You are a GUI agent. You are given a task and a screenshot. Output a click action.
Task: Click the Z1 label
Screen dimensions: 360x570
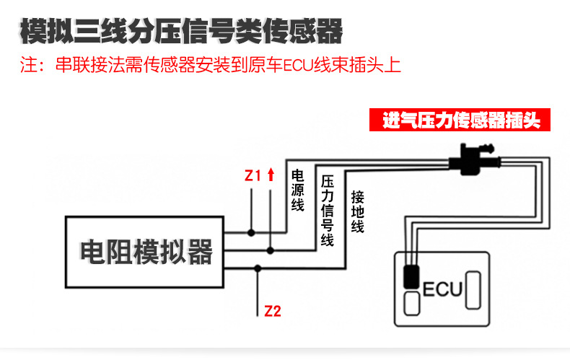pos(253,175)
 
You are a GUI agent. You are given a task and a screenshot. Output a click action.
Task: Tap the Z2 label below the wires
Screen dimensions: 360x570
pos(273,312)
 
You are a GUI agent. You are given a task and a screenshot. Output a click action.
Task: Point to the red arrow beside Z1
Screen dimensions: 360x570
pos(271,174)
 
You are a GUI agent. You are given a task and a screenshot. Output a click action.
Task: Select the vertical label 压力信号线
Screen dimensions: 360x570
pos(327,210)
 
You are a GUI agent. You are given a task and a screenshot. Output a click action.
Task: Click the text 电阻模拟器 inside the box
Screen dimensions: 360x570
pos(146,253)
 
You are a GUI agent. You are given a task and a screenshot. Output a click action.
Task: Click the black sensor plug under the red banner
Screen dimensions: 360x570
pos(474,157)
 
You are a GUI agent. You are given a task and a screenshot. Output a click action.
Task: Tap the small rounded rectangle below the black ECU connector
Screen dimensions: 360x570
pos(411,303)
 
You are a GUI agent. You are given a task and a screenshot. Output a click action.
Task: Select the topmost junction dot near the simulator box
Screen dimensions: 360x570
pos(251,232)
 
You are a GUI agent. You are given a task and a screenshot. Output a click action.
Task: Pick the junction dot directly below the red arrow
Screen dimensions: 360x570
pos(271,250)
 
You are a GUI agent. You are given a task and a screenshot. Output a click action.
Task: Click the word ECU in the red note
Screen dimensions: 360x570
pos(295,67)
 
